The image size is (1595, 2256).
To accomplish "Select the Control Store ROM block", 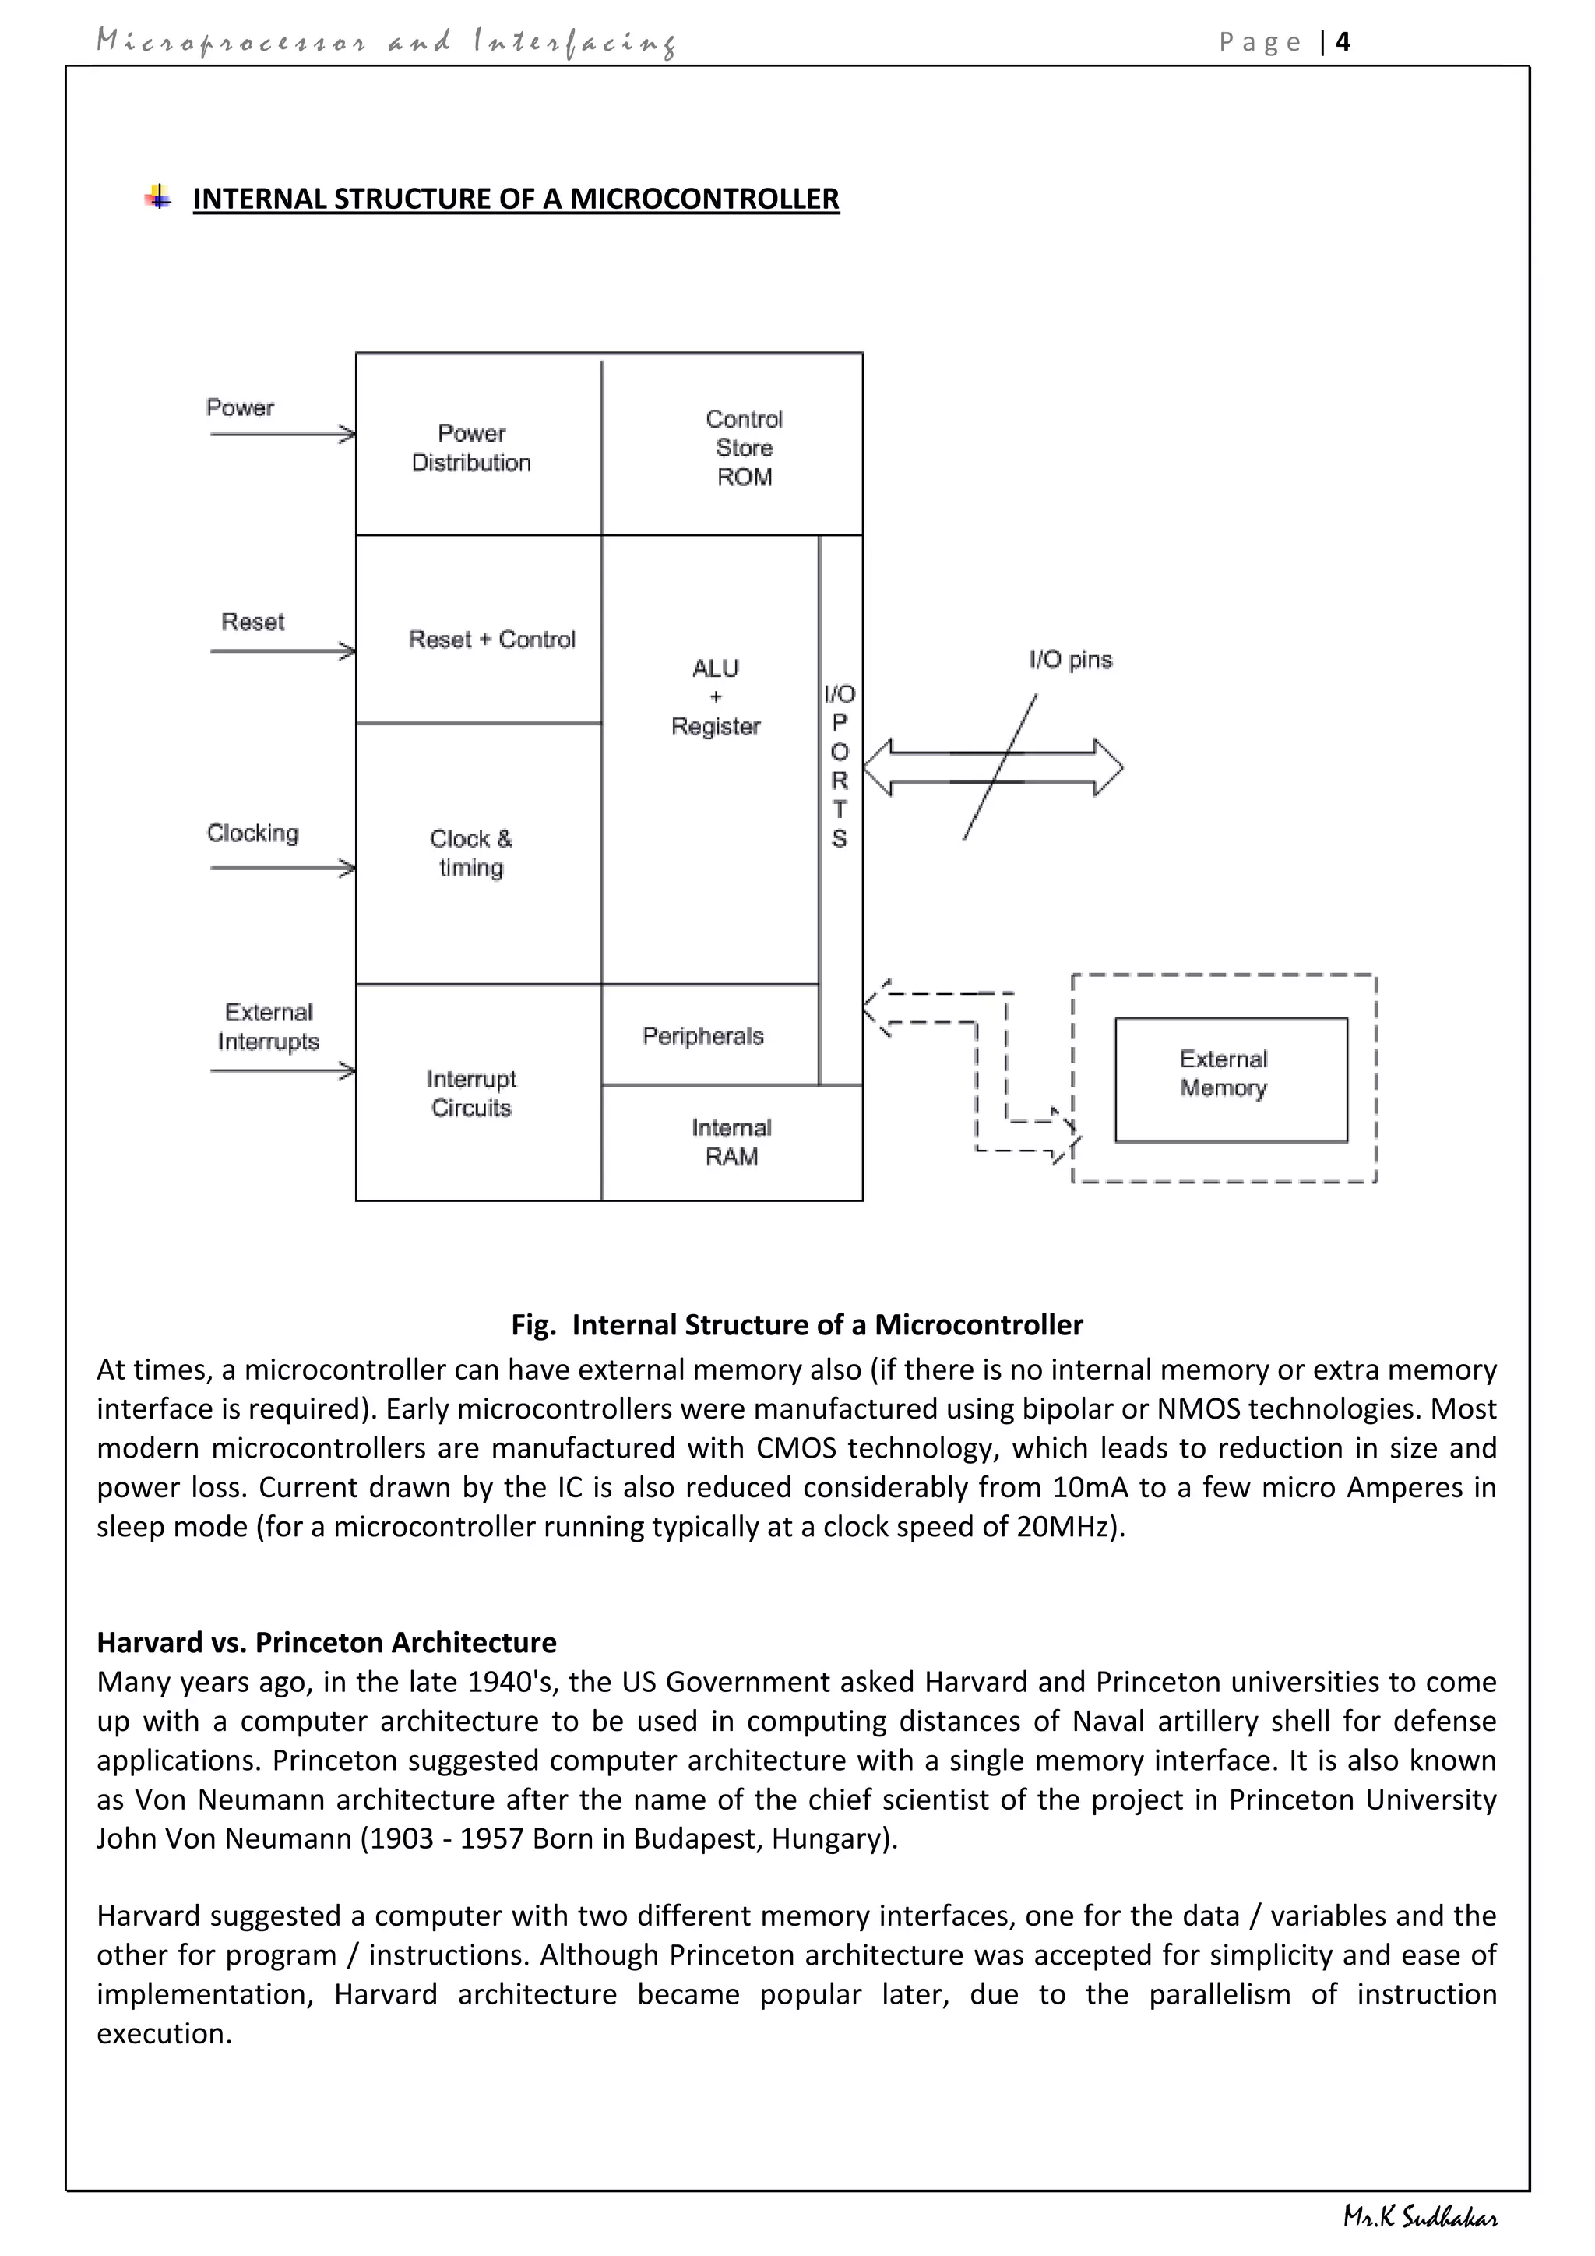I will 744,447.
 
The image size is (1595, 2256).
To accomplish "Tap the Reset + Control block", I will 491,639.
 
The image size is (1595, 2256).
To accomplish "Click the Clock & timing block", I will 471,853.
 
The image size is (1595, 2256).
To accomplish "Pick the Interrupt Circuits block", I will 471,1093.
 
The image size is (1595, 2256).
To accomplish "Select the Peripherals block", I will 703,1035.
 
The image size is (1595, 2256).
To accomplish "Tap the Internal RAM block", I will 732,1142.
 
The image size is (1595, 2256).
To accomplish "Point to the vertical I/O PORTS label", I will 839,766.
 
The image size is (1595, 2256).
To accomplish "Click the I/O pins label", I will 1071,659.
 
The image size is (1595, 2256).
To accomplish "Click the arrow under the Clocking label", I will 283,868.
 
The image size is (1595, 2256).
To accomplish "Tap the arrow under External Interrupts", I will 283,1070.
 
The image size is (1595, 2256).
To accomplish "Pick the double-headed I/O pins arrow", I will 992,767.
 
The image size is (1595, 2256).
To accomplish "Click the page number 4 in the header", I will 1343,41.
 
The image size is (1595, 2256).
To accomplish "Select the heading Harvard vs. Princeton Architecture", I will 326,1642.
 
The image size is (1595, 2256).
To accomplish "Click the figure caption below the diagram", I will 797,1324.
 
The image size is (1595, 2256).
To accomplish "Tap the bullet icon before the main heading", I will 158,198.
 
